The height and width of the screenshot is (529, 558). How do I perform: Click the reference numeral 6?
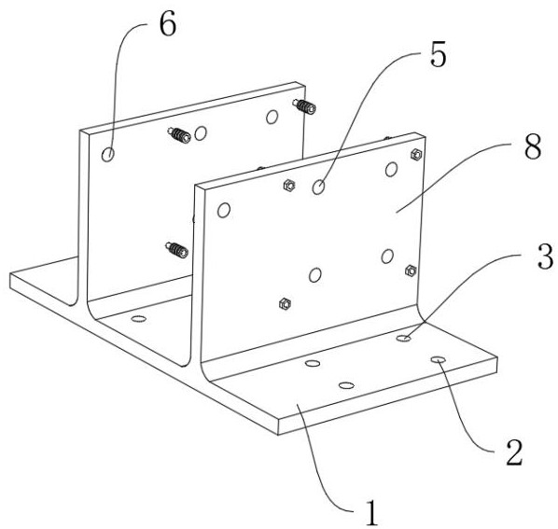pyautogui.click(x=167, y=25)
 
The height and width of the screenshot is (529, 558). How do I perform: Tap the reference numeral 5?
pyautogui.click(x=438, y=55)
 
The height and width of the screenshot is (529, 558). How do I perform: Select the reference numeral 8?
pyautogui.click(x=533, y=146)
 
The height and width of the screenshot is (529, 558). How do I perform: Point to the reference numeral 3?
pyautogui.click(x=545, y=257)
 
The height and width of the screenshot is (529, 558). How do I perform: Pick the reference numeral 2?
pyautogui.click(x=514, y=452)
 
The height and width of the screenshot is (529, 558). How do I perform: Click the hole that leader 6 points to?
pyautogui.click(x=108, y=154)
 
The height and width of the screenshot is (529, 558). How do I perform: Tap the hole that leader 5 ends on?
pyautogui.click(x=318, y=187)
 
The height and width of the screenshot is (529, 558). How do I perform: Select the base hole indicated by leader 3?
pyautogui.click(x=403, y=338)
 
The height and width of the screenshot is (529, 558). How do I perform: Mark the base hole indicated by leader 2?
pyautogui.click(x=439, y=359)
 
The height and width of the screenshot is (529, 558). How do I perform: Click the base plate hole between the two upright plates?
pyautogui.click(x=138, y=318)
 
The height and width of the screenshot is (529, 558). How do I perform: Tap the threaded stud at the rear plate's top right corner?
pyautogui.click(x=304, y=106)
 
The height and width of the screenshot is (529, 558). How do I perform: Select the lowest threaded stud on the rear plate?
pyautogui.click(x=177, y=250)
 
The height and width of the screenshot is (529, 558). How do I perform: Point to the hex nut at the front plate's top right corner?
pyautogui.click(x=416, y=154)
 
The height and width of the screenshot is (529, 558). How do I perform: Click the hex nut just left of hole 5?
pyautogui.click(x=289, y=185)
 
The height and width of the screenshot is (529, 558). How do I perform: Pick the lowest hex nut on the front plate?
pyautogui.click(x=285, y=303)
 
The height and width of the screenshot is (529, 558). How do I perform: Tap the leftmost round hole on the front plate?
pyautogui.click(x=224, y=210)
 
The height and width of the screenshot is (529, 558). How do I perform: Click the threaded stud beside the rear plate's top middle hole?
pyautogui.click(x=179, y=135)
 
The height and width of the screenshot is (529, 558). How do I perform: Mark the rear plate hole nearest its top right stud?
pyautogui.click(x=272, y=117)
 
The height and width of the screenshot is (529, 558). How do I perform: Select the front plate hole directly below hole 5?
pyautogui.click(x=315, y=275)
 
